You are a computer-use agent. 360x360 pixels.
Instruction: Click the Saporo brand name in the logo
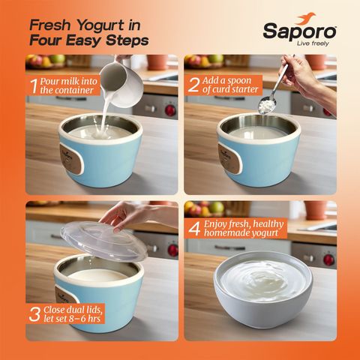(299, 31)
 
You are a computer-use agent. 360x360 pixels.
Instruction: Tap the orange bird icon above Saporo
(306, 18)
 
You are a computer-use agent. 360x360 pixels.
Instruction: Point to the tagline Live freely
(313, 43)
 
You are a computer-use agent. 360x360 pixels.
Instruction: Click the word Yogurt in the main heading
(100, 25)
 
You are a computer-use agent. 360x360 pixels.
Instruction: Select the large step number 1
(34, 86)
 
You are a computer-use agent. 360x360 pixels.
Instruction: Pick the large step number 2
(193, 85)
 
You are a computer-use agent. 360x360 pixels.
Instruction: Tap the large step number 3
(34, 314)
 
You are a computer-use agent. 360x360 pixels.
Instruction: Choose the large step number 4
(194, 228)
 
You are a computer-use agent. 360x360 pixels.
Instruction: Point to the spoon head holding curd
(267, 104)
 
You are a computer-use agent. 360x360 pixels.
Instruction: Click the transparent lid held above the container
(103, 241)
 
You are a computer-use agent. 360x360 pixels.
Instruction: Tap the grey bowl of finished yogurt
(263, 289)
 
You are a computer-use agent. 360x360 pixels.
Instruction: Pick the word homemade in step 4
(229, 232)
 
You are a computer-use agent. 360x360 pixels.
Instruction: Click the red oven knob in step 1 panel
(170, 110)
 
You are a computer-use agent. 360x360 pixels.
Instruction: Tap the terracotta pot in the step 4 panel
(316, 210)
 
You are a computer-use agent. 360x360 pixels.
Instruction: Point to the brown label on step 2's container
(229, 159)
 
